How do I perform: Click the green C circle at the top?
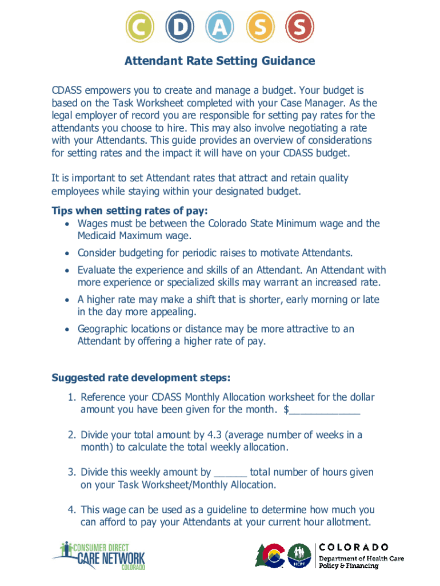[x=139, y=27]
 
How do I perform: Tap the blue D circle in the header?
[x=179, y=27]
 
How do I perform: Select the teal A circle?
[x=220, y=27]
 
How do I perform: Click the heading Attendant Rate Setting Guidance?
[x=220, y=61]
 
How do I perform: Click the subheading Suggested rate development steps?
[x=141, y=378]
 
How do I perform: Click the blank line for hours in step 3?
[x=230, y=473]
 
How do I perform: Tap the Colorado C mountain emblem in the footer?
[x=270, y=555]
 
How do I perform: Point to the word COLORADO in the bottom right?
[x=354, y=547]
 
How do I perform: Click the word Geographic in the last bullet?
[x=102, y=329]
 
